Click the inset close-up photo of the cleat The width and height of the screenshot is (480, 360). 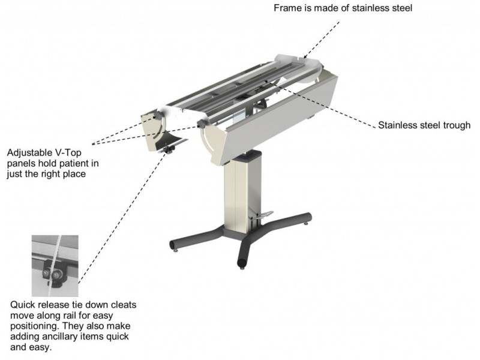coord(55,266)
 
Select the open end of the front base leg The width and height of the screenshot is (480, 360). coord(242,263)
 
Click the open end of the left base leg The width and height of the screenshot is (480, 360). coord(173,245)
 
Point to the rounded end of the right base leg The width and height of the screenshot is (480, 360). coord(308,217)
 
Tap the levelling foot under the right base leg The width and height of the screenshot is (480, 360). coord(305,224)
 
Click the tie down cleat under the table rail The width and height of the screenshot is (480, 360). coord(169,149)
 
